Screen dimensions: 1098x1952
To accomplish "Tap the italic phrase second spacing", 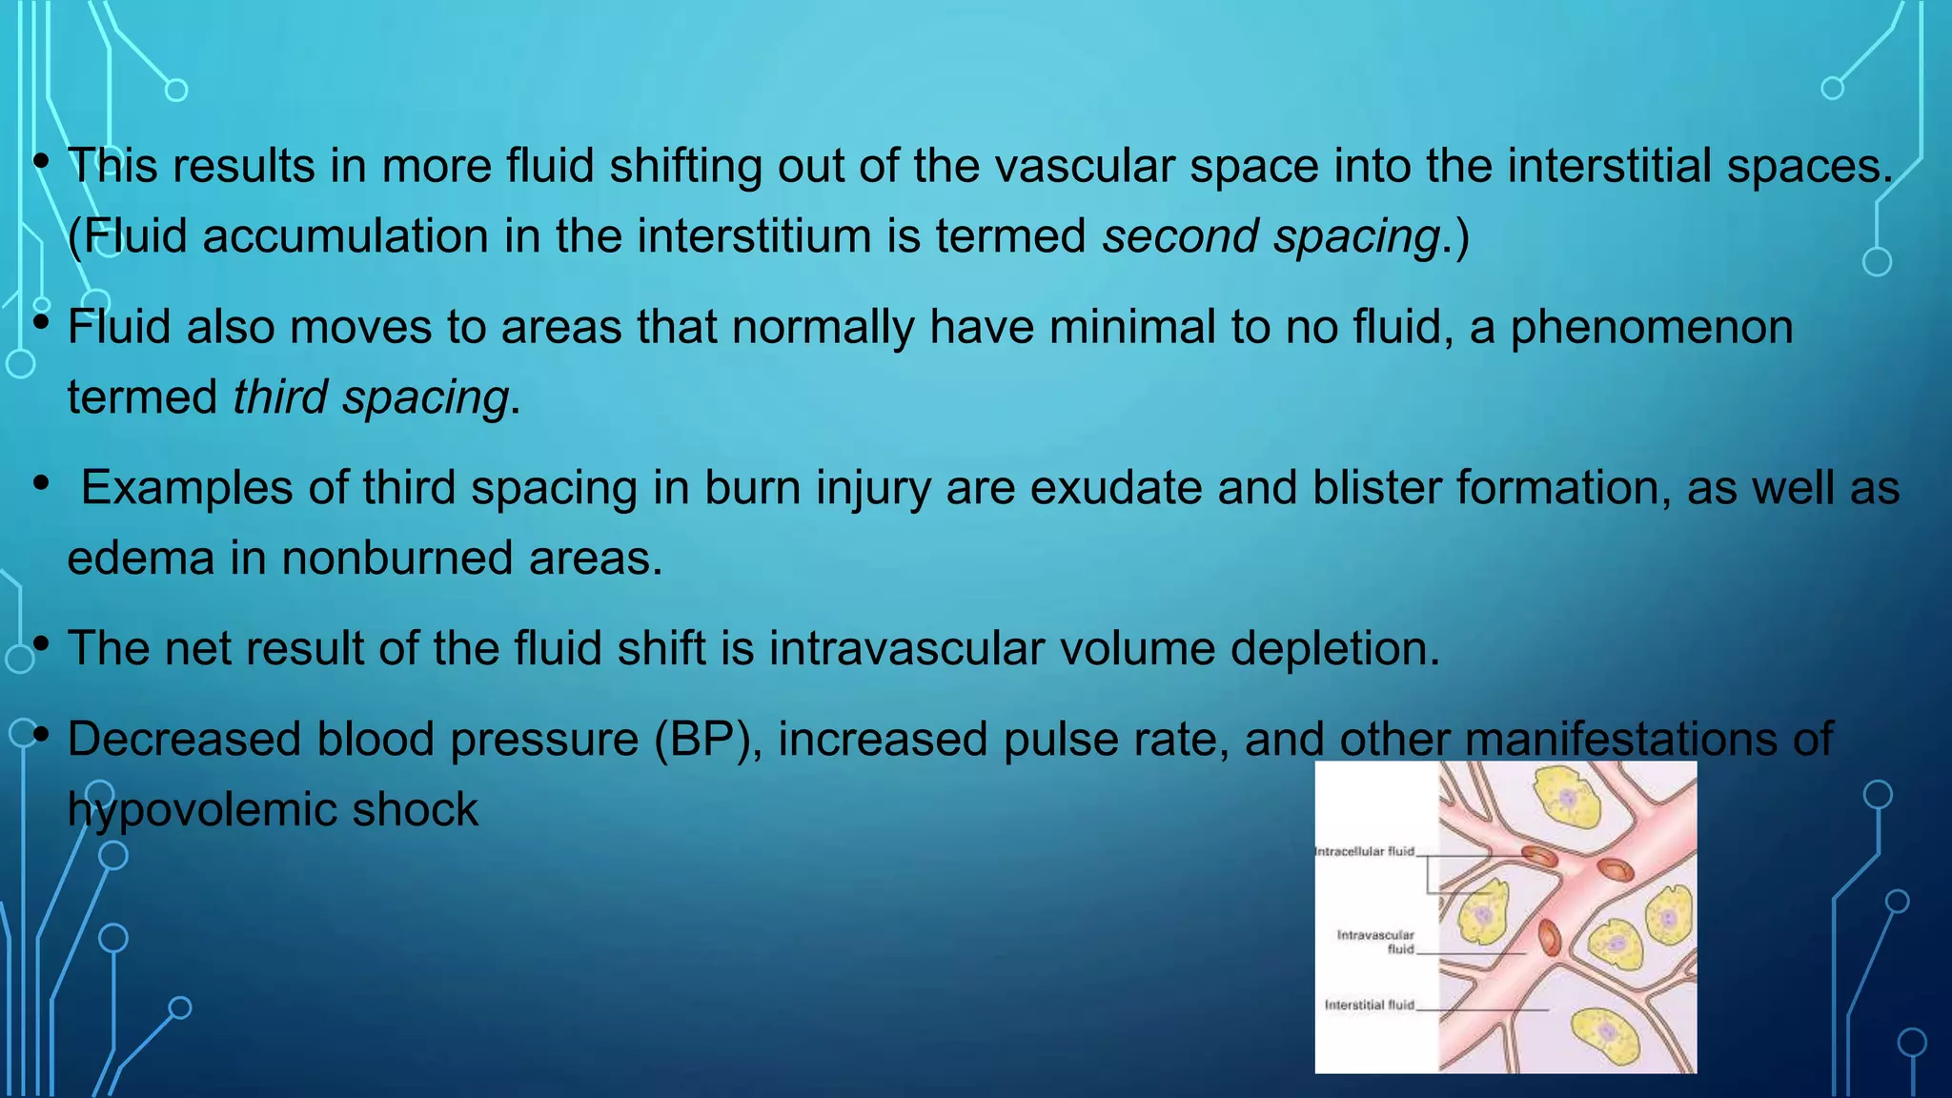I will click(1271, 236).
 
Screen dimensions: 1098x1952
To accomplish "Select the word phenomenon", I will click(1651, 327).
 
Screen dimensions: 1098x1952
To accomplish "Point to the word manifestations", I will click(1619, 740).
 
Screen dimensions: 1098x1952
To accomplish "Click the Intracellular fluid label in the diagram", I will click(1364, 851).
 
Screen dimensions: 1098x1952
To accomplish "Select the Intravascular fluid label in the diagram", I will click(1375, 942).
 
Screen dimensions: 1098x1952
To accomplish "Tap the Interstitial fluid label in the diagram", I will click(1369, 1005).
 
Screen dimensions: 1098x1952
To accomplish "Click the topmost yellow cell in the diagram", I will click(1566, 799).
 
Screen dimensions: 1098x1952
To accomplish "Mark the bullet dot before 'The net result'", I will click(41, 645).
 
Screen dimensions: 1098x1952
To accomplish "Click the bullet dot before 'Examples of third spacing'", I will click(41, 484).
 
